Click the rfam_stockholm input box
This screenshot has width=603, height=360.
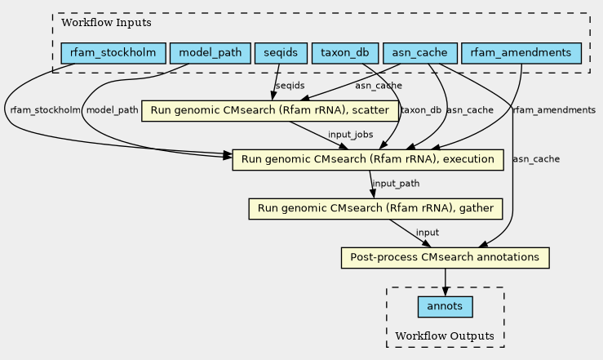(113, 53)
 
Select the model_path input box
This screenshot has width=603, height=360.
(211, 53)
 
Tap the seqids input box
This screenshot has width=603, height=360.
(281, 53)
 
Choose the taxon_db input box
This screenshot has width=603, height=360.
(345, 53)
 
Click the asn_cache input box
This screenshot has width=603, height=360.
(420, 53)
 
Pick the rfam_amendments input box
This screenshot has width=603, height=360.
(521, 53)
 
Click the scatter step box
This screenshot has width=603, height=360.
(270, 111)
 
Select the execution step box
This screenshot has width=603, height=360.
(368, 160)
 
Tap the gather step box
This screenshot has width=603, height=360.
(375, 209)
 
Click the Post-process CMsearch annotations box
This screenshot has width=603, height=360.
(446, 258)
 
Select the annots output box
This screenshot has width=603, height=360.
(446, 307)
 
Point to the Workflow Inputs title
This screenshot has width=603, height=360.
(107, 23)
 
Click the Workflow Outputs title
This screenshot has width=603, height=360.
(445, 336)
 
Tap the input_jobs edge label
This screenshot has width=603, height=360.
(350, 135)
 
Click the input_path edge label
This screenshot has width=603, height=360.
(396, 184)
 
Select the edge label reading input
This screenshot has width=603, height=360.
(428, 233)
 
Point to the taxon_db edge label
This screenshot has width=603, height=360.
(421, 110)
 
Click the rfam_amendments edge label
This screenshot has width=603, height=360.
(554, 110)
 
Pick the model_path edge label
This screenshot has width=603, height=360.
(113, 110)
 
